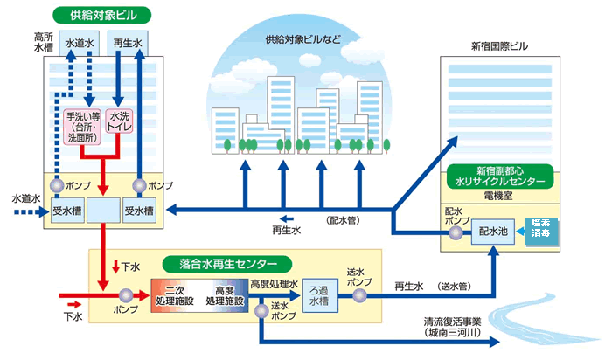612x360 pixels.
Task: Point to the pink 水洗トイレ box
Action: click(x=121, y=127)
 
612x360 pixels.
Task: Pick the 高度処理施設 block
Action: click(x=223, y=295)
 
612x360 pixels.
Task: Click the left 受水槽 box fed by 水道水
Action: click(x=67, y=211)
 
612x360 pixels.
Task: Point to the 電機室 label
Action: click(x=497, y=198)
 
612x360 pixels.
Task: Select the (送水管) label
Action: click(x=458, y=285)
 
